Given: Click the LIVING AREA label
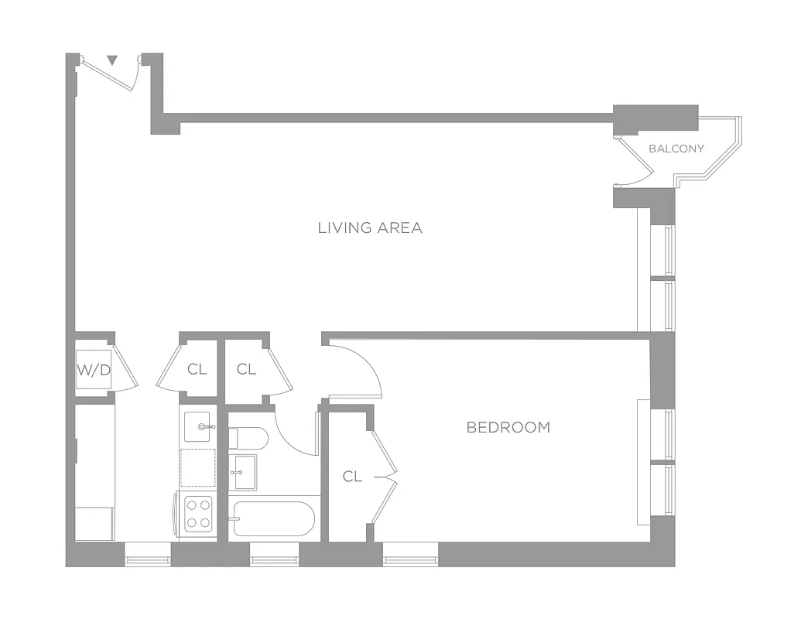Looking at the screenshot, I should (370, 227).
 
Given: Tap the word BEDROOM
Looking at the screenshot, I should (508, 427).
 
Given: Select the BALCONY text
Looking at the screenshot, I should (676, 149).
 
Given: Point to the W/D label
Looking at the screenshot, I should (94, 370).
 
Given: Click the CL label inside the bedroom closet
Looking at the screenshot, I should (352, 477).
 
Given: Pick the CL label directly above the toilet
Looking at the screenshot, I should (246, 370).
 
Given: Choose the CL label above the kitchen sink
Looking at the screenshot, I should (197, 370).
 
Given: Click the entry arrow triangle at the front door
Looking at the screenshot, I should (112, 60).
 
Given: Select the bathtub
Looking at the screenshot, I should (274, 518).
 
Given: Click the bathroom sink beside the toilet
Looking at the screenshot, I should (245, 472).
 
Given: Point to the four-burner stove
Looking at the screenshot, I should (198, 512).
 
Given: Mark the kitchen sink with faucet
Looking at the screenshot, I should (200, 426).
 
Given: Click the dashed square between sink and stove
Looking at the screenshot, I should (198, 467).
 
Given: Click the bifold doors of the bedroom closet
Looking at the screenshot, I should (384, 478).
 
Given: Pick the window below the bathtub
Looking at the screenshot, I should (274, 553).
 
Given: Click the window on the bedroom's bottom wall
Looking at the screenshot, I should (410, 553).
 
